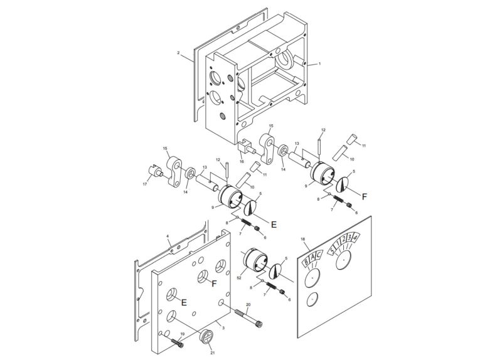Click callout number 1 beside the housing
pyautogui.click(x=319, y=64)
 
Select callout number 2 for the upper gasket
pyautogui.click(x=178, y=54)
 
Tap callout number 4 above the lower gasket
pyautogui.click(x=168, y=237)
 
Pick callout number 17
pyautogui.click(x=146, y=184)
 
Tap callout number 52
pyautogui.click(x=238, y=277)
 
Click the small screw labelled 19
pyautogui.click(x=177, y=341)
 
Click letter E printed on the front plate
pyautogui.click(x=184, y=302)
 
